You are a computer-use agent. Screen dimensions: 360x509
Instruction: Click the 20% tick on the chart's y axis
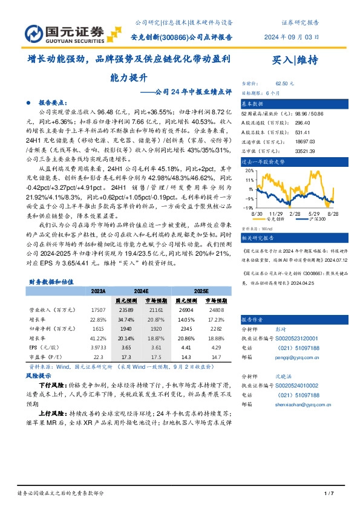pyautogui.click(x=249, y=171)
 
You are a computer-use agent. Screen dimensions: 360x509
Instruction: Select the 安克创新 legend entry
pyautogui.click(x=273, y=219)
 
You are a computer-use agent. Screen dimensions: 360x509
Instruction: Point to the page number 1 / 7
pyautogui.click(x=329, y=494)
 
